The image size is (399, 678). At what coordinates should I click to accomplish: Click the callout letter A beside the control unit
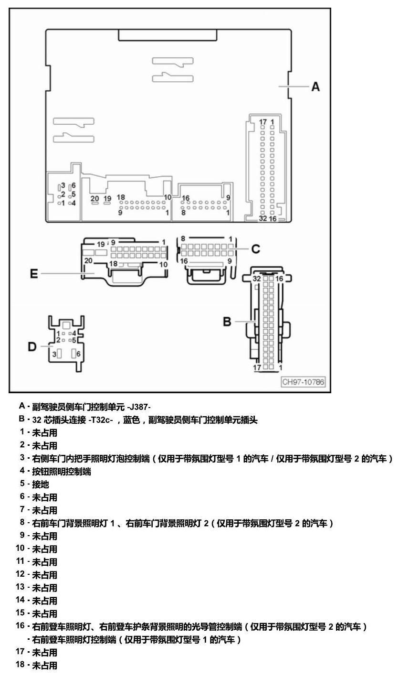[315, 86]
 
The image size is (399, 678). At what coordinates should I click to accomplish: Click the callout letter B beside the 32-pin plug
[227, 322]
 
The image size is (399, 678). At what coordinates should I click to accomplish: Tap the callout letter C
[255, 249]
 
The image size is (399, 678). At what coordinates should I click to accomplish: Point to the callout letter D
[32, 346]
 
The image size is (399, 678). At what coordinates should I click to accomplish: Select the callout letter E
[34, 274]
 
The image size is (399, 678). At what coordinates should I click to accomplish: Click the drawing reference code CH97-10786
[303, 382]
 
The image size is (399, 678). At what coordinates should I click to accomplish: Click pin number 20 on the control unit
[94, 199]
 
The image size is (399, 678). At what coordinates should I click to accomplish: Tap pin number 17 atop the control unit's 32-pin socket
[262, 122]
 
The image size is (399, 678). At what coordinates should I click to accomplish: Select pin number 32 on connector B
[256, 279]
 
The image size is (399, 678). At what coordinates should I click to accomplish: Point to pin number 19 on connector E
[101, 244]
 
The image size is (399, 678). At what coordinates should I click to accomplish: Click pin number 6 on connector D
[78, 354]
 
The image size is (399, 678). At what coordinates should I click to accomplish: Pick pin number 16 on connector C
[184, 261]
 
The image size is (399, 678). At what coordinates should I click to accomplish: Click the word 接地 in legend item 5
[41, 484]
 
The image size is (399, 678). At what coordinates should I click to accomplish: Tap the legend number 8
[22, 522]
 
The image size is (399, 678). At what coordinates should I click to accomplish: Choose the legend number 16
[20, 625]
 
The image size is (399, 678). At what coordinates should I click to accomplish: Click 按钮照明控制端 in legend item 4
[62, 472]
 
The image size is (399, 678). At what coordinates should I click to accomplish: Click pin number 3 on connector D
[54, 354]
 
